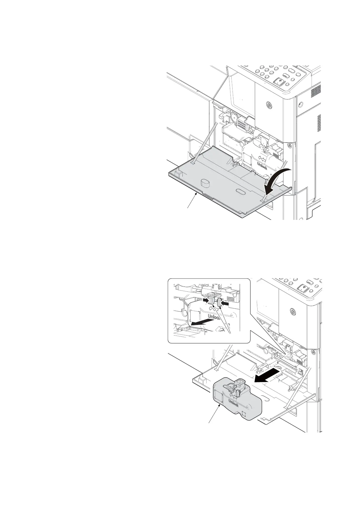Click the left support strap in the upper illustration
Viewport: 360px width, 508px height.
click(x=205, y=142)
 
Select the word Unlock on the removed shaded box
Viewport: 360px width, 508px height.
click(x=233, y=403)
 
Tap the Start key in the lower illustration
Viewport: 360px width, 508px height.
click(x=303, y=288)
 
